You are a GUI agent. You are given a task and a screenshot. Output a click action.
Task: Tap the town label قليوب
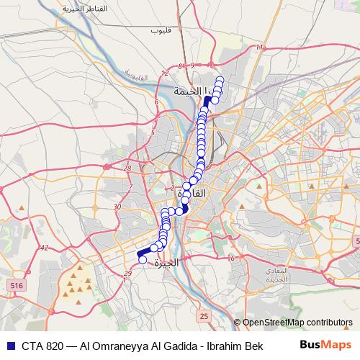point(159,32)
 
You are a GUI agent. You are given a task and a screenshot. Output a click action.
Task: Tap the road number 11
point(259,47)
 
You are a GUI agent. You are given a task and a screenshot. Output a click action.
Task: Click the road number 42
point(44,248)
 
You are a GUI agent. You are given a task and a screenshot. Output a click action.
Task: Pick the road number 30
point(117,207)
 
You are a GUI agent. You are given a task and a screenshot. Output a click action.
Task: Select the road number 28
point(127,168)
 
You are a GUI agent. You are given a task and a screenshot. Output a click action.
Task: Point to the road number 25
point(204,316)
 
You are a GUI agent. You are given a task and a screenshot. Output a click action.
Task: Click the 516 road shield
point(14,287)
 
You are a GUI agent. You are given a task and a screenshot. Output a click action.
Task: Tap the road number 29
point(127,273)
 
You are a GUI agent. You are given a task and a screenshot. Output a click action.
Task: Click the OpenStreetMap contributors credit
point(297,323)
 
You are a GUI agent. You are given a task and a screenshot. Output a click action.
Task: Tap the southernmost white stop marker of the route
point(143,260)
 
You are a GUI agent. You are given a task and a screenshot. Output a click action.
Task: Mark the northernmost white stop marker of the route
point(220,79)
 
